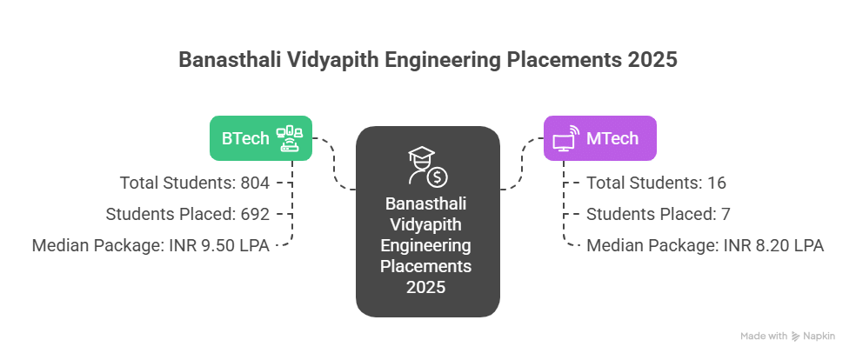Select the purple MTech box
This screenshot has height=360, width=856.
point(599,137)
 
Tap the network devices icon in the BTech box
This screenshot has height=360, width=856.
point(290,138)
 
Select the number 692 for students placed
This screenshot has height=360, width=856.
point(258,214)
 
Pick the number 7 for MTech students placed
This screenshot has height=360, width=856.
point(706,214)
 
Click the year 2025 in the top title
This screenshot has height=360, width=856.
point(652,61)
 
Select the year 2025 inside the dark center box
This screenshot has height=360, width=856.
point(427,285)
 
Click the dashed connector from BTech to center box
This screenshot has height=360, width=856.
point(336,165)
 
